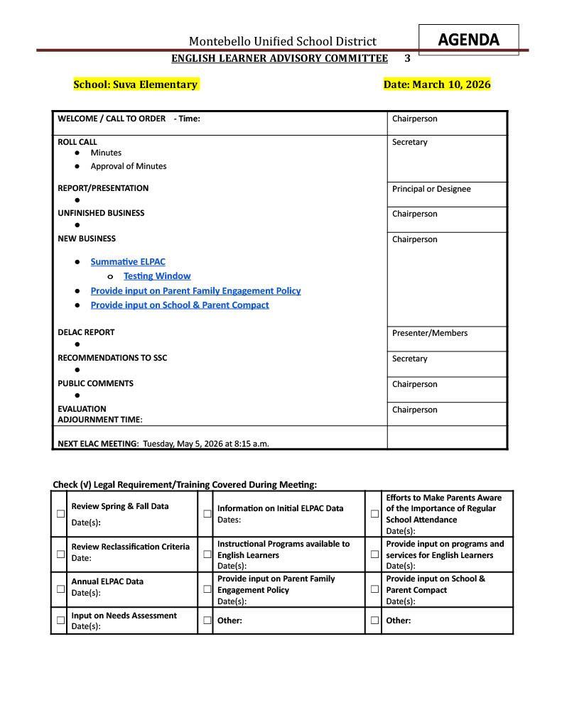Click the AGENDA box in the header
tap(468, 40)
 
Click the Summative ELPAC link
tap(128, 262)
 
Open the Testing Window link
tap(157, 276)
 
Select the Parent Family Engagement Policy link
tap(195, 291)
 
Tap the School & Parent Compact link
tap(180, 305)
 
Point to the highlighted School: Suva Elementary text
tap(135, 84)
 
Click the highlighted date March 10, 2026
tap(436, 84)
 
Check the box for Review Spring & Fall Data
tap(60, 513)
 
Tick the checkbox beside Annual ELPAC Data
tap(60, 589)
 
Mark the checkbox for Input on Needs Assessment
tap(60, 620)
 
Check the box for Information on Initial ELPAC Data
tap(207, 513)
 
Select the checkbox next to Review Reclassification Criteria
tap(60, 554)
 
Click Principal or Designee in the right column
tap(431, 189)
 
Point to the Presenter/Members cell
tap(430, 333)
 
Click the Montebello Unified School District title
tap(282, 41)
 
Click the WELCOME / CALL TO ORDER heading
tap(112, 119)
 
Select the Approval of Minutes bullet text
tap(129, 166)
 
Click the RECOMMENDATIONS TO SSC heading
tap(112, 358)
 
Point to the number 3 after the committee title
tap(407, 58)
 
